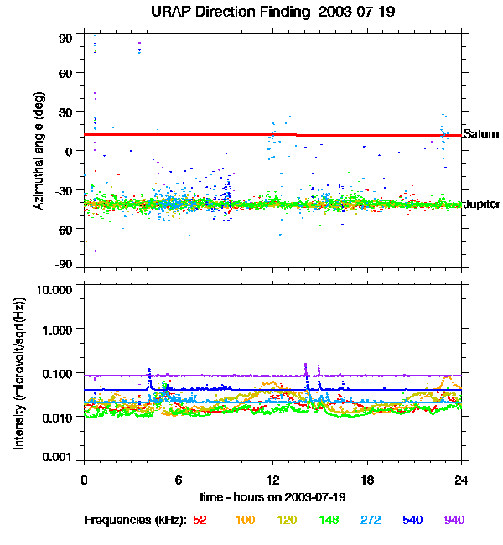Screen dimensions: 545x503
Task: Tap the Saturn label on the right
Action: click(x=480, y=134)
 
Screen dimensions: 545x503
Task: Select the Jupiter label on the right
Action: click(x=482, y=205)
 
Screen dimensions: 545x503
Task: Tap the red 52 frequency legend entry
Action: click(x=200, y=520)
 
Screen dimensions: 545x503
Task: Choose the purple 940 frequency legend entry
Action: click(x=454, y=520)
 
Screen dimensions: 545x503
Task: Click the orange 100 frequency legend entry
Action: click(x=244, y=520)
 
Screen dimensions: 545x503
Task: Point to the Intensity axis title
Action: click(x=18, y=372)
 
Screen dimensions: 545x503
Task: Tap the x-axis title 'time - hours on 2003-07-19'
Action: click(x=273, y=496)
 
